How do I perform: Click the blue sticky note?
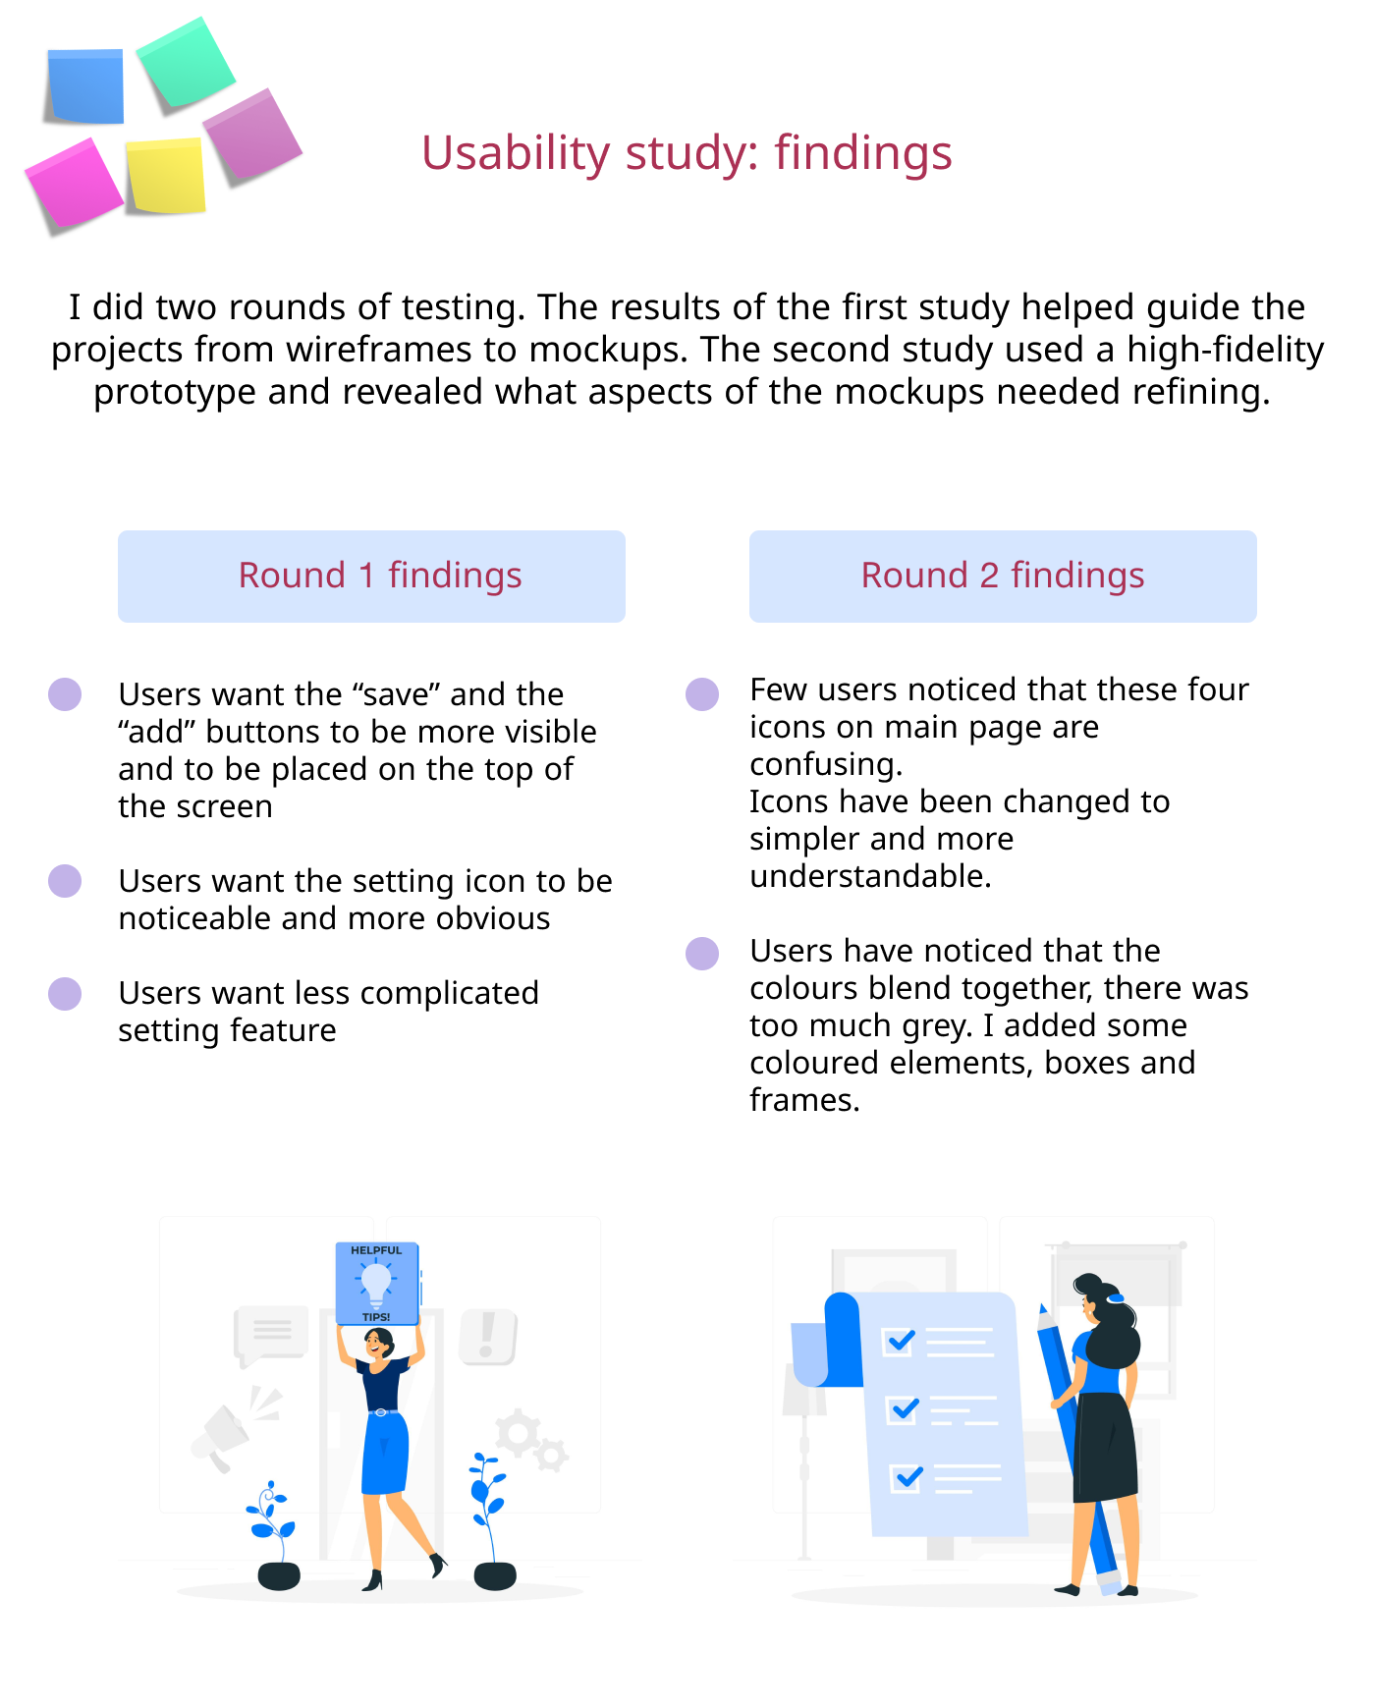[86, 86]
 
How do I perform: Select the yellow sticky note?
[166, 176]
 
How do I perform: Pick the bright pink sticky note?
[74, 185]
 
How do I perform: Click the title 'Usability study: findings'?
[687, 153]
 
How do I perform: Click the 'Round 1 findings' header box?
[371, 576]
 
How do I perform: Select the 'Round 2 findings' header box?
[1003, 576]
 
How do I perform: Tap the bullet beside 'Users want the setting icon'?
[65, 881]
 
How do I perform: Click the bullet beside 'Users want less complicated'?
[65, 993]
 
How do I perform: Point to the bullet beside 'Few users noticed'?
[702, 693]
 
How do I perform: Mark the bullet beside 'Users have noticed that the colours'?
[702, 953]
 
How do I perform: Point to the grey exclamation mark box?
[487, 1337]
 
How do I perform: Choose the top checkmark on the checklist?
[900, 1341]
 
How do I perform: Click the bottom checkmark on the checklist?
[907, 1477]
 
